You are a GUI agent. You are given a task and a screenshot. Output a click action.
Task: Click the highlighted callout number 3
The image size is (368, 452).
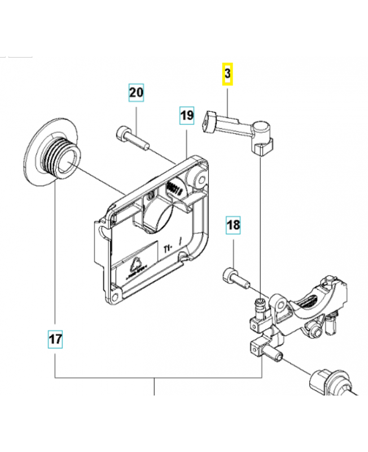point(227,73)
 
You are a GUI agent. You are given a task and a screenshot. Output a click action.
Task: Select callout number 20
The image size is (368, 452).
point(136,92)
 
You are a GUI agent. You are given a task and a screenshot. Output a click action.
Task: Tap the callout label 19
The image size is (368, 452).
point(187,116)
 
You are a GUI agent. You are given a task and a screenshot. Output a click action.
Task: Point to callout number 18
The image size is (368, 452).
point(233,225)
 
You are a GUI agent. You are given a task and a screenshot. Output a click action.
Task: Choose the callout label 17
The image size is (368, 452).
point(55,340)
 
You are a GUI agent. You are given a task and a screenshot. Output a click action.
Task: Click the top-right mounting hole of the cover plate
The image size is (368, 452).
point(199,179)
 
